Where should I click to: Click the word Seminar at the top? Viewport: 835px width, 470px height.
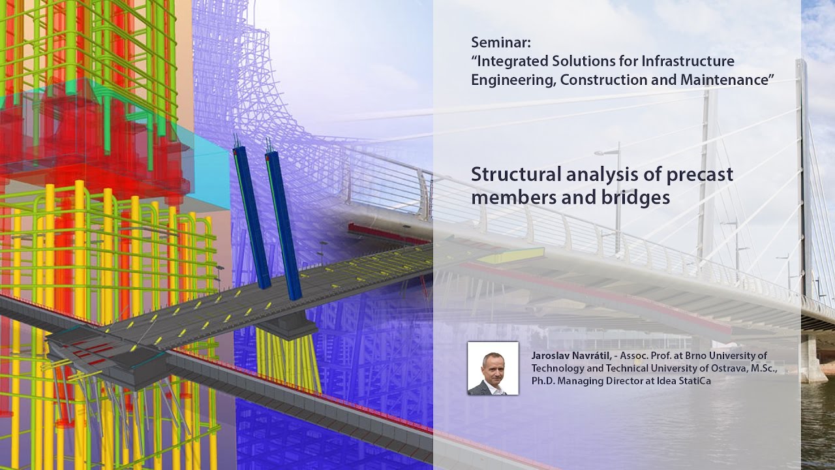point(501,43)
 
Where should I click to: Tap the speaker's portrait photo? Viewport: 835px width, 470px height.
point(493,368)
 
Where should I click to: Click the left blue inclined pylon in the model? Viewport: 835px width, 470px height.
point(252,215)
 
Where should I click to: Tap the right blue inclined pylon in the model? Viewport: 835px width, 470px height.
point(284,222)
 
